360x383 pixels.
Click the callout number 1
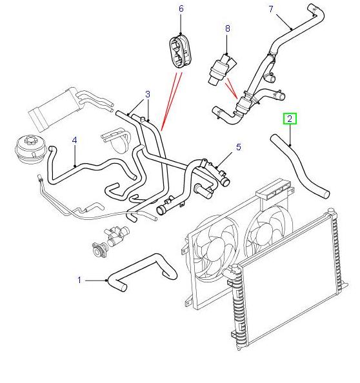79,280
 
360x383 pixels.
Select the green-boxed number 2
290,119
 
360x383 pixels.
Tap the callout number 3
148,94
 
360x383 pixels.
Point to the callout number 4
75,140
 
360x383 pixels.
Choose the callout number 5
239,147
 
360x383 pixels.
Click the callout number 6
181,8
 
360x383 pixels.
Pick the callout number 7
271,9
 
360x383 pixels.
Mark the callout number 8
228,28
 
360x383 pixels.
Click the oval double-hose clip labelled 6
181,52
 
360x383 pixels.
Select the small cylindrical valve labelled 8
222,70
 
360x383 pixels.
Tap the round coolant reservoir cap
26,149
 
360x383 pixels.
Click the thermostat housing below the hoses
116,236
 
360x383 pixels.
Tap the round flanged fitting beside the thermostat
100,250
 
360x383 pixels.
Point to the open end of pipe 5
161,210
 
